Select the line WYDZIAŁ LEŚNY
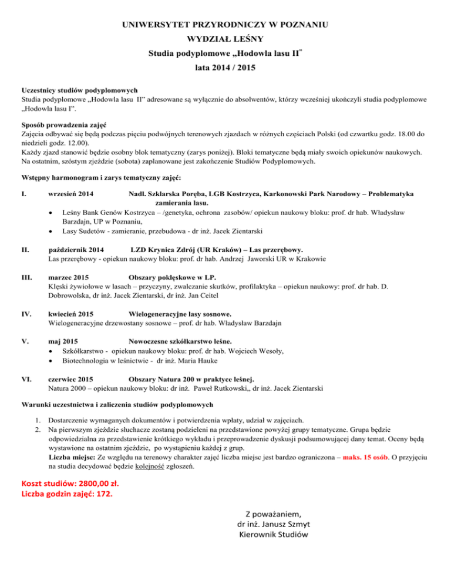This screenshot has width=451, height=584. coord(225,41)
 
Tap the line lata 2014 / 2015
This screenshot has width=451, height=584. coord(225,68)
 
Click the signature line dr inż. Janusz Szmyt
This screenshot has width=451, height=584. coord(274,523)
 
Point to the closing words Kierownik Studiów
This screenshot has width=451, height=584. coord(274,535)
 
